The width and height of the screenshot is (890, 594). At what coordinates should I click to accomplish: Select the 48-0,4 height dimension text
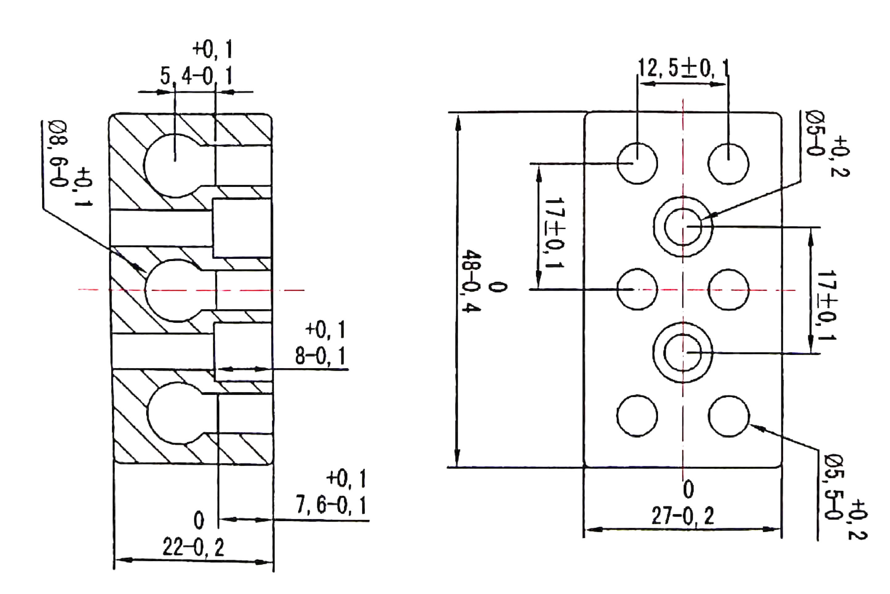click(x=471, y=280)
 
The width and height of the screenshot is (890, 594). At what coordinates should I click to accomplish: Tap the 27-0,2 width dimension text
click(x=682, y=516)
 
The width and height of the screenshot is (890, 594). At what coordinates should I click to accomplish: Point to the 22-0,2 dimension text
click(x=193, y=547)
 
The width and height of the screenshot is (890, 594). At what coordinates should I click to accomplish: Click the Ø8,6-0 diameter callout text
click(x=59, y=154)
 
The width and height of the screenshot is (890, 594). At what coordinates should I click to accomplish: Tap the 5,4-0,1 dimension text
click(x=196, y=76)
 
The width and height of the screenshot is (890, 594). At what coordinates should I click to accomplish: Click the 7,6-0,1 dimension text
click(x=331, y=505)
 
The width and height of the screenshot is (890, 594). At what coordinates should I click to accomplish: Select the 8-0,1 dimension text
click(x=321, y=356)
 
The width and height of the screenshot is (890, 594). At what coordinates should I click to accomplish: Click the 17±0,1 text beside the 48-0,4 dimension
click(x=554, y=233)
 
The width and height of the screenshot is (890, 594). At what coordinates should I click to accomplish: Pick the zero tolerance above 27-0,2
click(x=688, y=489)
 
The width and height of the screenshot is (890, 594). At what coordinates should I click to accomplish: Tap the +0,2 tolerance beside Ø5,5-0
click(x=858, y=520)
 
